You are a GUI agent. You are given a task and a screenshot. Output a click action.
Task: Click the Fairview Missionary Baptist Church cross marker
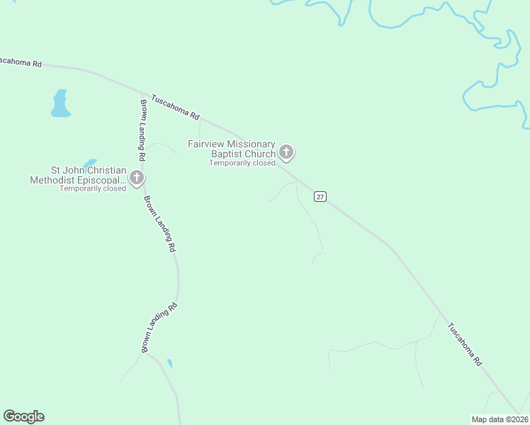pos(286,152)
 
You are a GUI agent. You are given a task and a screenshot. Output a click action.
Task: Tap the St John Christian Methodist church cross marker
pos(137,177)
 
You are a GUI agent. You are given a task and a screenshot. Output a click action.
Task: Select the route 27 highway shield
pos(320,197)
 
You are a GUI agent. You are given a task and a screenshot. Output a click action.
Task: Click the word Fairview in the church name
pos(205,144)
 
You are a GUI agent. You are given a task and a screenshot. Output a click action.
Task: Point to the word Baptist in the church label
pos(227,154)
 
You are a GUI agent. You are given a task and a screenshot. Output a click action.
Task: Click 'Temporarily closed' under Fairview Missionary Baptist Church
pos(242,163)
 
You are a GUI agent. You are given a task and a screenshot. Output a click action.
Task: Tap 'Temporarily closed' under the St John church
pos(93,188)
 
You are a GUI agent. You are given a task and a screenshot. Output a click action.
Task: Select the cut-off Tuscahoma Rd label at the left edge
pos(21,62)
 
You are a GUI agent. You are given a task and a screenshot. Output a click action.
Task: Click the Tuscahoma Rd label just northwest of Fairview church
pos(176,106)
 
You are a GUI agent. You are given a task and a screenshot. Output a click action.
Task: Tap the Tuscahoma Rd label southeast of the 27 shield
pos(464,344)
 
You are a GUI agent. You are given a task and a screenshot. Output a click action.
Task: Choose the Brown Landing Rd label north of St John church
pos(143,130)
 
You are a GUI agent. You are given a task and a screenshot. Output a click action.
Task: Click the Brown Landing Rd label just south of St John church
pos(160,223)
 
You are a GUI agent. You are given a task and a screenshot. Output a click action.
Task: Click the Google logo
pos(23,416)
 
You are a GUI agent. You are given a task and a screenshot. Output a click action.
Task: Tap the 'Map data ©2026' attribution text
pos(499,419)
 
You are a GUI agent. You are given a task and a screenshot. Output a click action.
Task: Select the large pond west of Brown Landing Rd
pos(60,103)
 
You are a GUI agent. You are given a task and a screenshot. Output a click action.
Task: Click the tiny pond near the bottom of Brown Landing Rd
pos(169,363)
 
